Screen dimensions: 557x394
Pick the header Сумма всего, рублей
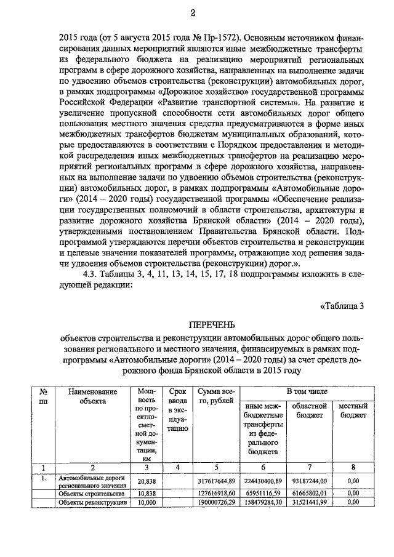215,396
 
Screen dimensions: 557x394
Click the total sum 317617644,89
215,481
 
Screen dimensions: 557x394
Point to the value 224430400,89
262,481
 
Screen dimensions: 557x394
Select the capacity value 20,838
146,481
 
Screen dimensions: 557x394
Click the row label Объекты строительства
90,494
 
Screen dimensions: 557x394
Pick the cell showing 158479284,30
262,502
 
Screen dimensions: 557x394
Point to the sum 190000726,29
215,502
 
